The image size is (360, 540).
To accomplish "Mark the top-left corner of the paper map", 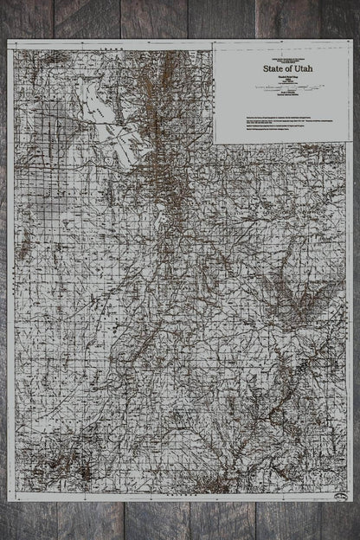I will tap(8, 40).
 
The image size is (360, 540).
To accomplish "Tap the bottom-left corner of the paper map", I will tap(8, 501).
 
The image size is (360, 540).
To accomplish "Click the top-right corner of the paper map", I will tap(353, 40).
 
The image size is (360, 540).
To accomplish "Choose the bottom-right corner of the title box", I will tap(350, 143).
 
